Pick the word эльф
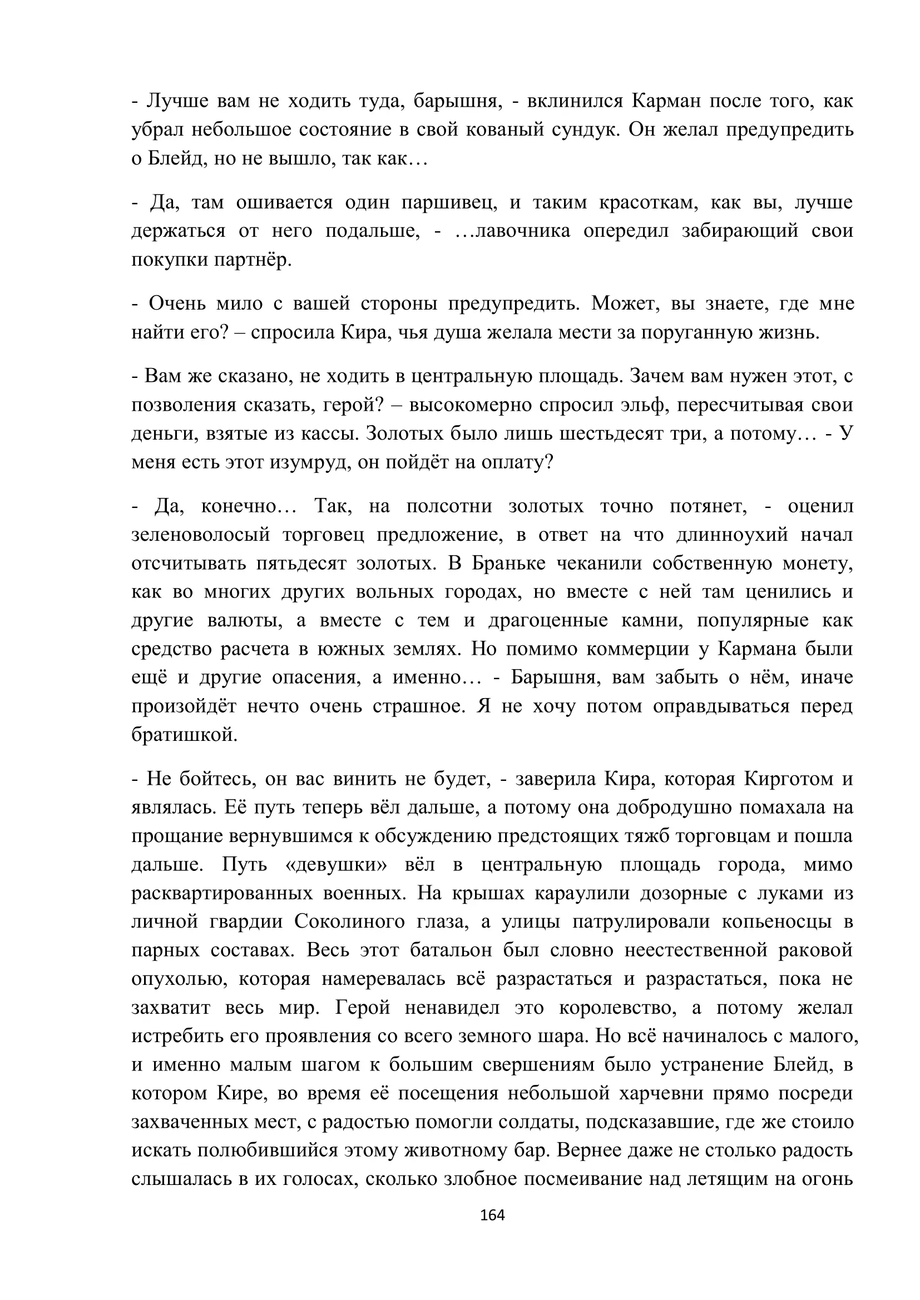pos(636,405)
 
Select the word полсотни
pos(449,506)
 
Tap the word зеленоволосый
pos(201,535)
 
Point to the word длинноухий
pos(731,535)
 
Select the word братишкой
pos(184,734)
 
